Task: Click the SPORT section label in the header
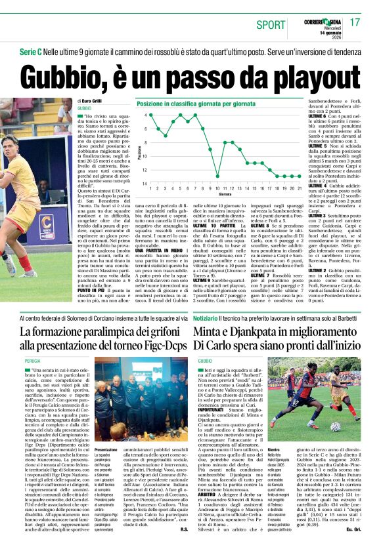(270, 25)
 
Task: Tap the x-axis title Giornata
(225, 195)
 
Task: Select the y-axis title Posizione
(140, 150)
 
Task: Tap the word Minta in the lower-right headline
(213, 332)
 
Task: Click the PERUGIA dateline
(32, 361)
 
